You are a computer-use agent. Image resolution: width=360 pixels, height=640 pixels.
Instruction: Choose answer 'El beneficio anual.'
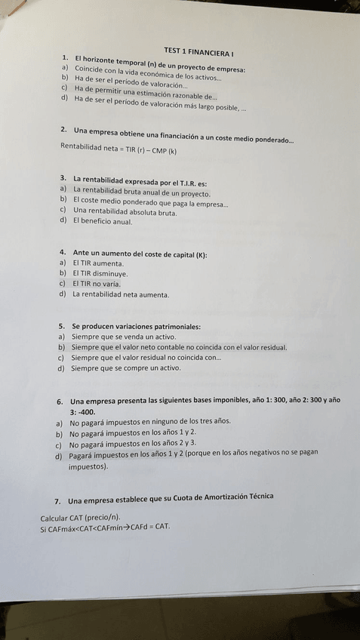pyautogui.click(x=103, y=222)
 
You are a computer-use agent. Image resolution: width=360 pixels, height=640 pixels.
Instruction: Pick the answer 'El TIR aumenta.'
pyautogui.click(x=98, y=262)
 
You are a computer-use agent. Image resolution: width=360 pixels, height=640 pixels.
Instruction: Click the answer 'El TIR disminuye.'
pyautogui.click(x=101, y=273)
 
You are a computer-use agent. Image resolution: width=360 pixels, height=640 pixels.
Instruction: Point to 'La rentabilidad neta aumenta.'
pyautogui.click(x=121, y=294)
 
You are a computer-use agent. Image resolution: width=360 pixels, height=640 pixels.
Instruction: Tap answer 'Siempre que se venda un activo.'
pyautogui.click(x=125, y=337)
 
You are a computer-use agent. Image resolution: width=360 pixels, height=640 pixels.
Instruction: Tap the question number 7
pyautogui.click(x=57, y=501)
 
